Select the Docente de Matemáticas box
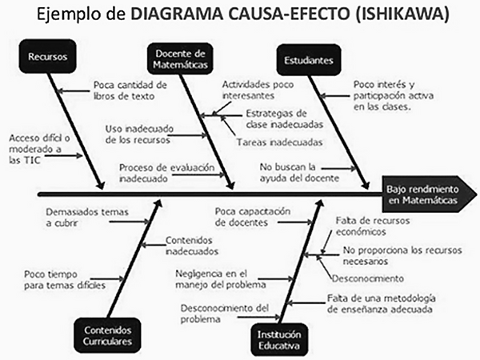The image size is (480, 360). click(x=174, y=58)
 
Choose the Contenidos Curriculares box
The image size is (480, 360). click(x=106, y=335)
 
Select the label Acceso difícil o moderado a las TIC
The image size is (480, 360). click(x=35, y=148)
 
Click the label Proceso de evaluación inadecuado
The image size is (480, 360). click(x=156, y=173)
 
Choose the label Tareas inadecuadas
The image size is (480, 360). click(x=279, y=143)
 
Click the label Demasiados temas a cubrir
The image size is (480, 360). click(x=76, y=218)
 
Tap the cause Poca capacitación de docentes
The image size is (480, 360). click(x=252, y=217)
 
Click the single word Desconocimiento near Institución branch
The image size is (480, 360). click(x=369, y=278)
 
